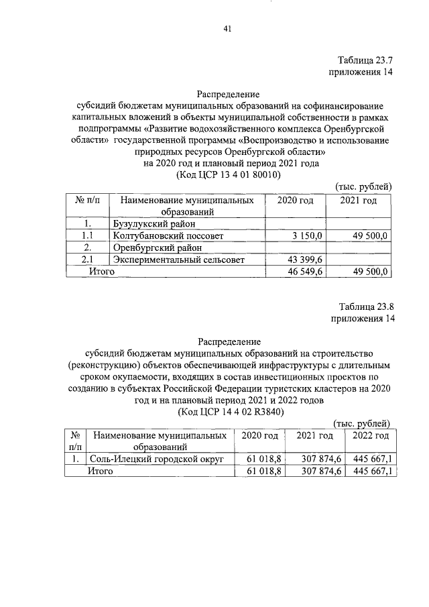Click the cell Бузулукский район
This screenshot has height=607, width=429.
pos(154,223)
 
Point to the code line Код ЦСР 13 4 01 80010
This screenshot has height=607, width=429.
pos(227,174)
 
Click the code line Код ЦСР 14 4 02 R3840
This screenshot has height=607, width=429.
pos(227,412)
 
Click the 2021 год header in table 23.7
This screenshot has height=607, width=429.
pos(359,201)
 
